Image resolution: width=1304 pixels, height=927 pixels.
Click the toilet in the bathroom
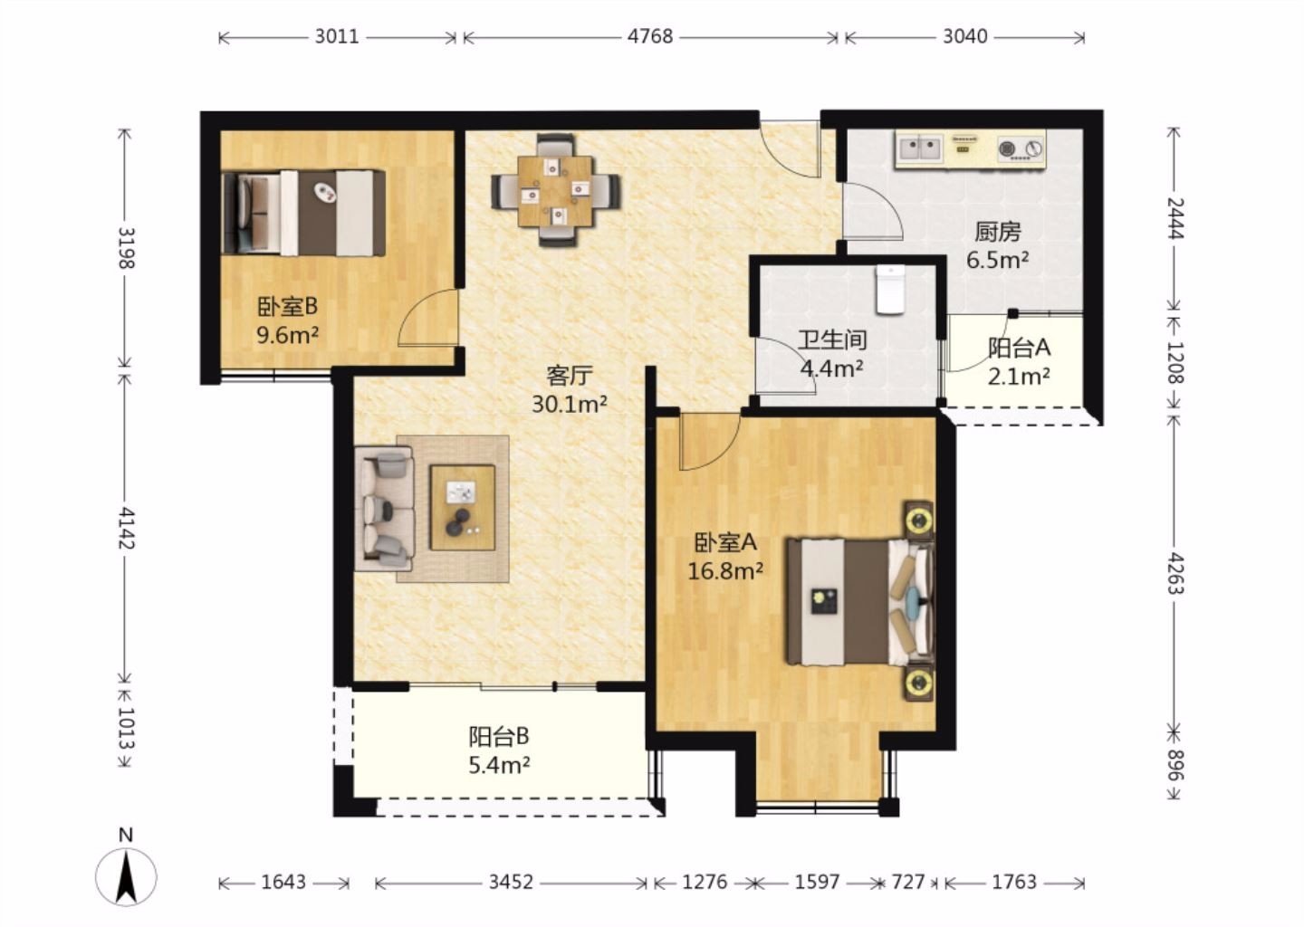tap(891, 289)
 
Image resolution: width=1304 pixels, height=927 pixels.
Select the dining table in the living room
tap(556, 191)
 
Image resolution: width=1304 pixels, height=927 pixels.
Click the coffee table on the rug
tap(463, 508)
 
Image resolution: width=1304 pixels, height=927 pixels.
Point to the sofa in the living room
tap(384, 509)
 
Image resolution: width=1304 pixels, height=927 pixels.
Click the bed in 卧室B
tap(303, 213)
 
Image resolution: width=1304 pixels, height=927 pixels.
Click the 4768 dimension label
tap(650, 36)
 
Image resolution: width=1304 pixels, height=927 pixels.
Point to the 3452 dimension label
tap(511, 883)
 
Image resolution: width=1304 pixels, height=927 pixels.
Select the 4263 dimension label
tap(1175, 574)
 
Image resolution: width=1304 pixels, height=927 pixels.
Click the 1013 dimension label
tap(126, 729)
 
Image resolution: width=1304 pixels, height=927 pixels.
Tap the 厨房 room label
tap(998, 232)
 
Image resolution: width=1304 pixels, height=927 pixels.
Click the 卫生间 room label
tap(832, 339)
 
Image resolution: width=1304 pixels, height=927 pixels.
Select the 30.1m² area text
tap(570, 404)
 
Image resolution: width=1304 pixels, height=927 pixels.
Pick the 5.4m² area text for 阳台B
tap(500, 765)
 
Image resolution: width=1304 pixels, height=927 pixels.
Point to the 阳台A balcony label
tap(1019, 348)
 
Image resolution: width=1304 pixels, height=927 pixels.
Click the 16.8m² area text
tap(725, 571)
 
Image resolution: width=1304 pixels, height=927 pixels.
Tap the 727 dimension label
tap(908, 883)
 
